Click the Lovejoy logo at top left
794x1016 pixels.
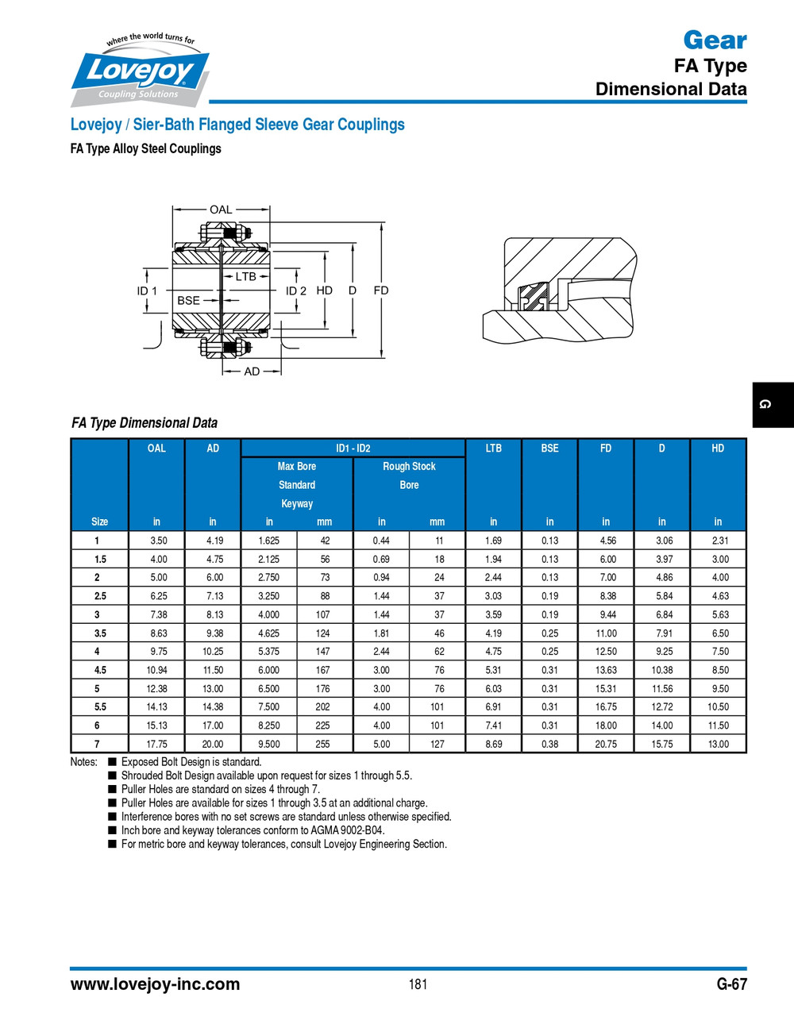pos(141,71)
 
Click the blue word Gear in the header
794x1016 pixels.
pos(715,40)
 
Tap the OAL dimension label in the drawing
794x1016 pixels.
pos(221,210)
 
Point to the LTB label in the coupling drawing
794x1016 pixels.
pos(245,276)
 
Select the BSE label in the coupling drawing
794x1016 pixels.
pos(188,300)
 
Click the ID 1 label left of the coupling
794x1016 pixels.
pos(147,291)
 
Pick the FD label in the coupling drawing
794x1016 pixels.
pos(381,291)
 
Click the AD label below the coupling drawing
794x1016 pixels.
pos(252,371)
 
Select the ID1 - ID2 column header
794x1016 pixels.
pos(353,448)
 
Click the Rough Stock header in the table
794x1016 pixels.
pos(409,467)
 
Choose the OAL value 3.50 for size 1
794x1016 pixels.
pos(159,541)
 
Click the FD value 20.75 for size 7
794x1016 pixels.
pos(606,744)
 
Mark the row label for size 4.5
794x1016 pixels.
pos(100,670)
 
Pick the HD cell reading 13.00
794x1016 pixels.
pos(718,744)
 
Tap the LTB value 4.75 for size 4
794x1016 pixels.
pos(493,652)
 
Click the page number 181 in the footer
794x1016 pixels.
pos(418,984)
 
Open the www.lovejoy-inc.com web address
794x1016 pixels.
pos(155,984)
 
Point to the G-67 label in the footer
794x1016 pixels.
pos(731,984)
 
